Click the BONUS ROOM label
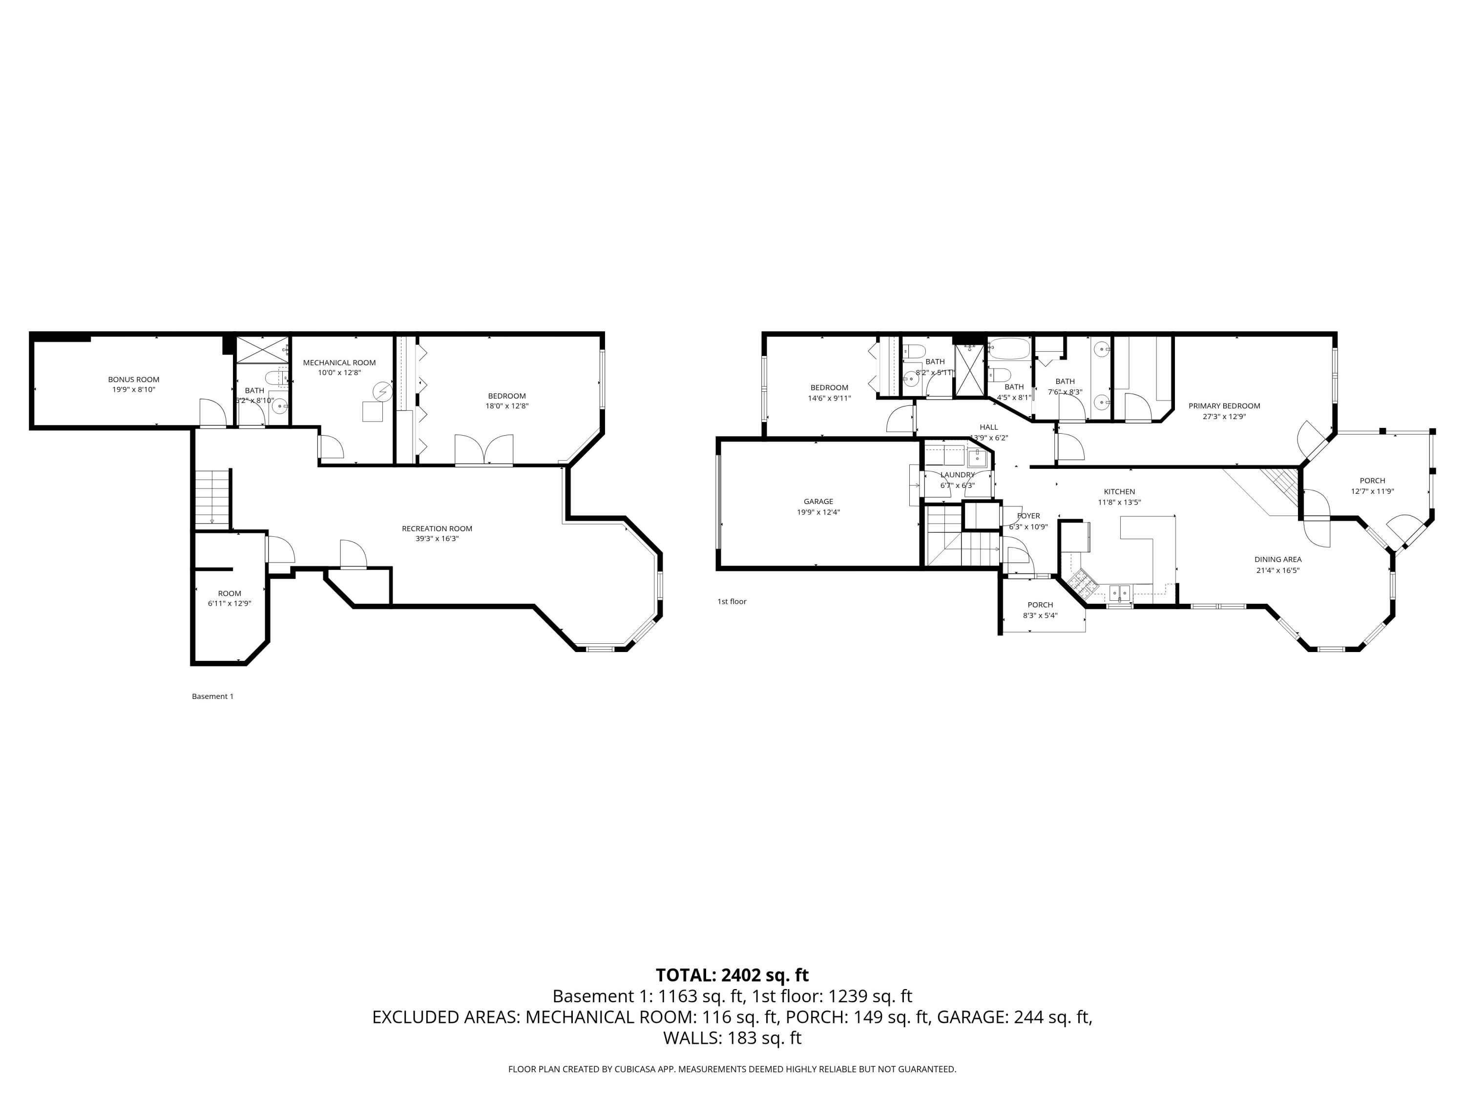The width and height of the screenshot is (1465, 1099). (134, 380)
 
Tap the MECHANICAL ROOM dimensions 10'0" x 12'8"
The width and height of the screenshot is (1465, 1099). (339, 373)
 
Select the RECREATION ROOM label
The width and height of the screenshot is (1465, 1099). (437, 528)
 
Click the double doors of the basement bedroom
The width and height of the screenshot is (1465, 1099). (484, 450)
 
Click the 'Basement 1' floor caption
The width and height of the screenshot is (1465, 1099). (212, 696)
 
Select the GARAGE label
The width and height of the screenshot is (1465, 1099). (818, 502)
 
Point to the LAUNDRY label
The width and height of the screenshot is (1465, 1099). (957, 475)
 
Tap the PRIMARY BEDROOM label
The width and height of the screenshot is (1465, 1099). (1224, 406)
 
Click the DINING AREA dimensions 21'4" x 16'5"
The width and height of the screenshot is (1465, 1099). (1277, 571)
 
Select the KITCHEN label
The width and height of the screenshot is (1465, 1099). (1119, 491)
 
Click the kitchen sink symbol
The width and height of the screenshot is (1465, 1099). (1120, 592)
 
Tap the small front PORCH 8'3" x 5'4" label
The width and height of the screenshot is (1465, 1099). (1041, 605)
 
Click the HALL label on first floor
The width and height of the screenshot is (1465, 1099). (989, 427)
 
